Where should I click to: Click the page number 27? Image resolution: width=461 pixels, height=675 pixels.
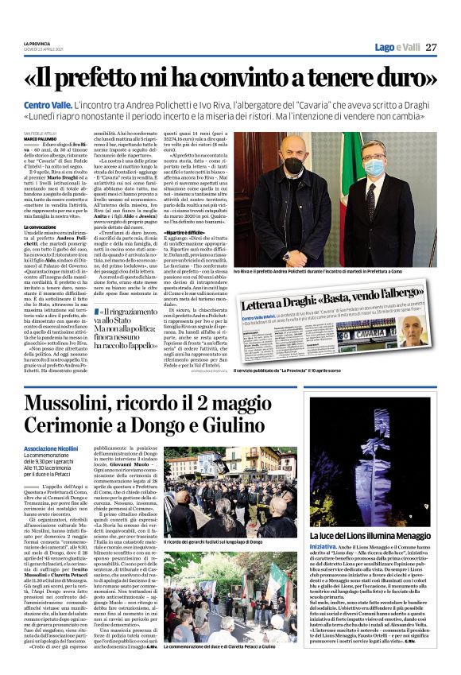click(x=431, y=47)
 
